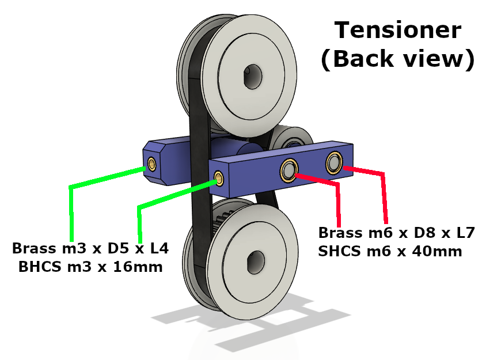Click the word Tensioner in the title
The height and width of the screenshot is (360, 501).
(397, 30)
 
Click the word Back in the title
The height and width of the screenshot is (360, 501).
(363, 59)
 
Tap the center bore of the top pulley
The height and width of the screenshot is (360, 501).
(253, 76)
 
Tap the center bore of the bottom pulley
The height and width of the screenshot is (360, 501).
(256, 262)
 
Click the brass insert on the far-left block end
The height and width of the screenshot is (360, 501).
(151, 164)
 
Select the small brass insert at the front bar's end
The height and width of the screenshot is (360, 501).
(219, 178)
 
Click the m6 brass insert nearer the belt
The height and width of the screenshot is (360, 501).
(289, 170)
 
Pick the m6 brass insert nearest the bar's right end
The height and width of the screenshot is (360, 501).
(334, 163)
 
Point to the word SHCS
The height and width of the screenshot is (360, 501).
(339, 251)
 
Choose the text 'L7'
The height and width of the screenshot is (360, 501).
(465, 233)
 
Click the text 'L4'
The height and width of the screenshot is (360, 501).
(160, 248)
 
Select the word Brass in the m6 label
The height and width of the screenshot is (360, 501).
(340, 233)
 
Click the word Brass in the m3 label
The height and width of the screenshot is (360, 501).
(34, 248)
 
